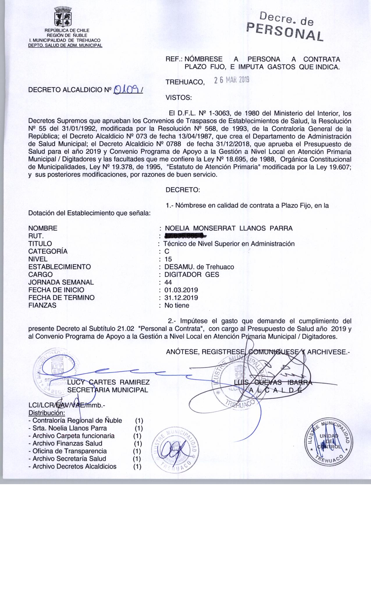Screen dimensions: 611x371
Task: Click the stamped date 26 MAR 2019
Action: click(232, 80)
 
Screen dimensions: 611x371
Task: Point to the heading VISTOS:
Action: click(179, 98)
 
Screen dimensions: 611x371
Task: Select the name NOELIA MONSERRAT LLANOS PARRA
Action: click(229, 228)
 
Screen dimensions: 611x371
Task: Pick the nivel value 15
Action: click(168, 259)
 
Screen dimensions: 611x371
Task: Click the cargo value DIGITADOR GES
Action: click(192, 274)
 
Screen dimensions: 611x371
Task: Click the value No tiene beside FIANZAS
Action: click(177, 305)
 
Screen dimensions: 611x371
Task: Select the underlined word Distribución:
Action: click(46, 413)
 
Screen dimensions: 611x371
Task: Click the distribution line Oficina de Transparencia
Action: click(70, 451)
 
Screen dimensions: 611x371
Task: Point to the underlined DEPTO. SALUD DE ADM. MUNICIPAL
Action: click(65, 45)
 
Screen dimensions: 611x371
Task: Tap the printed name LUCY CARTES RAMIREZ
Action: click(109, 382)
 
